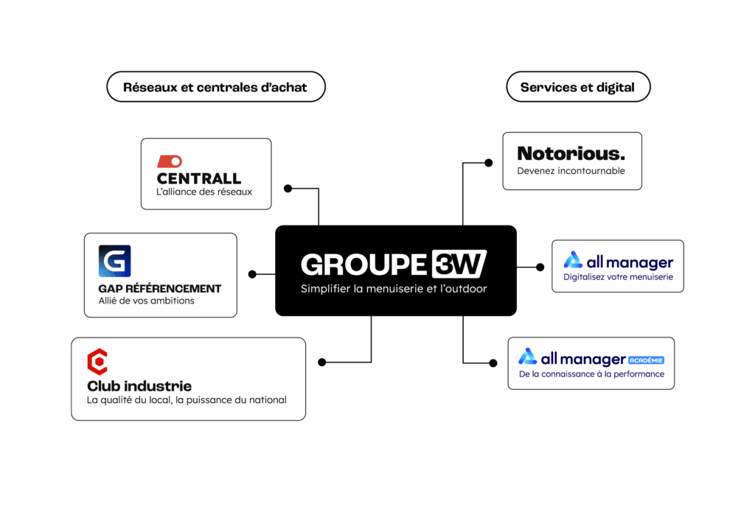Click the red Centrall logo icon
click(170, 161)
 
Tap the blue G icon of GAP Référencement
click(114, 261)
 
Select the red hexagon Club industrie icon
click(97, 361)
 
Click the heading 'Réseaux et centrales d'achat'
click(215, 87)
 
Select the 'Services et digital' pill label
click(577, 87)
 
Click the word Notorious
click(571, 153)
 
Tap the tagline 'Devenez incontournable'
click(571, 171)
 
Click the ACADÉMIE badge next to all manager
click(646, 360)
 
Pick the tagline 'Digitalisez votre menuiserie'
click(618, 278)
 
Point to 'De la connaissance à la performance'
click(591, 374)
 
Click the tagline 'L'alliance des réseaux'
click(204, 192)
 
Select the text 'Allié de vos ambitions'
click(146, 301)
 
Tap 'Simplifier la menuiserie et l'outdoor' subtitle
click(394, 289)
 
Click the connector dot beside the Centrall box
click(288, 189)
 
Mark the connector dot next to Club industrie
click(321, 362)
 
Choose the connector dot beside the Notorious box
click(488, 162)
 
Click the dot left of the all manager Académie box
click(493, 362)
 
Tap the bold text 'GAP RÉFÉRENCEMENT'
click(159, 288)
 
